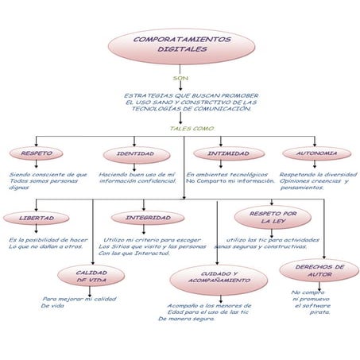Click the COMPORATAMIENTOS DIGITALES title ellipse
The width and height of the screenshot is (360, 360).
tap(181, 45)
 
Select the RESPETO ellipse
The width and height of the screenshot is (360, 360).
tap(37, 153)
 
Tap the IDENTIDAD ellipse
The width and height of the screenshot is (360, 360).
tap(135, 153)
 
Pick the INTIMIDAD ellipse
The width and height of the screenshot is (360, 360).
tap(228, 153)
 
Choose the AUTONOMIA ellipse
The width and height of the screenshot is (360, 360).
tap(316, 153)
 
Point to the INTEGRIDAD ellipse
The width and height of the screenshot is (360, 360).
tap(148, 217)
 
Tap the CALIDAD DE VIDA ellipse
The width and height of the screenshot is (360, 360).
tap(91, 275)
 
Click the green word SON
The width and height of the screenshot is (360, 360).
tap(180, 79)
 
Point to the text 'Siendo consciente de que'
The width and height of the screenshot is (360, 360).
tap(48, 173)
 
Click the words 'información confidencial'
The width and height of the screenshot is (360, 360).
tap(137, 180)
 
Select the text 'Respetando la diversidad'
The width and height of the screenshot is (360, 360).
tap(318, 173)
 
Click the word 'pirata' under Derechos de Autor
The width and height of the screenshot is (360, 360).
tap(319, 312)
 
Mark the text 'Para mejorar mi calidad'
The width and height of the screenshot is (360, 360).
tap(79, 299)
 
